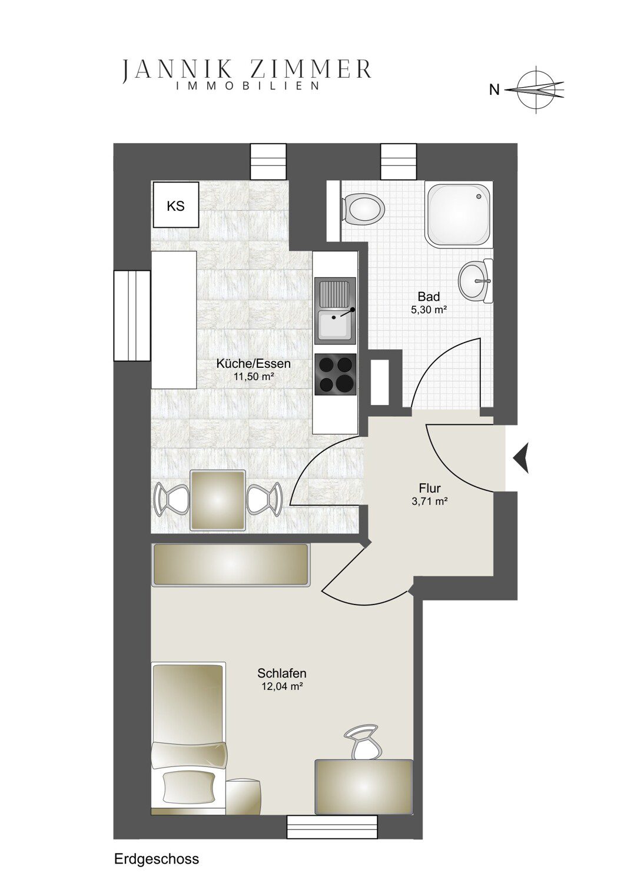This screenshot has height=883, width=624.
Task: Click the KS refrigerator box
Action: pyautogui.click(x=176, y=204)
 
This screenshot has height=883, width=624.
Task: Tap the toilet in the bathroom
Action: pyautogui.click(x=363, y=210)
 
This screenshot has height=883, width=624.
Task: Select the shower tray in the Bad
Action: pyautogui.click(x=459, y=214)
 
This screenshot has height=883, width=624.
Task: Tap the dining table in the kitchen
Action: pyautogui.click(x=218, y=500)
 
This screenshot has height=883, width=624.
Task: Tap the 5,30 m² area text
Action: pyautogui.click(x=429, y=310)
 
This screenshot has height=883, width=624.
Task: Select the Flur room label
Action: pyautogui.click(x=430, y=489)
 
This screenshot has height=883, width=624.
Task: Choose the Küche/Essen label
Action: pyautogui.click(x=254, y=363)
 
